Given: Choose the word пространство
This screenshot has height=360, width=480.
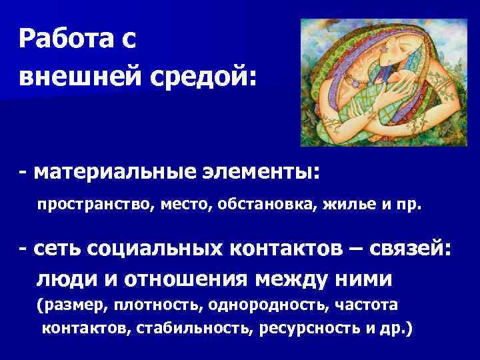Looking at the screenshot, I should (95, 205).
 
